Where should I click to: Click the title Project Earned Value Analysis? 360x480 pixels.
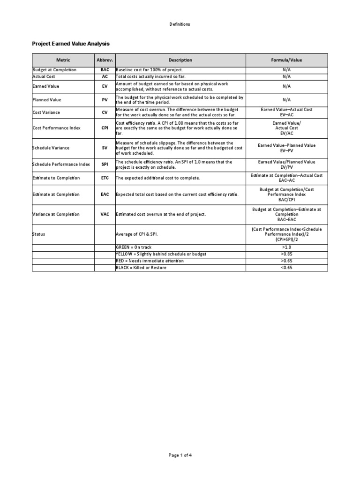(x=70, y=44)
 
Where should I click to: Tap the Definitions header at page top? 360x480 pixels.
(x=180, y=24)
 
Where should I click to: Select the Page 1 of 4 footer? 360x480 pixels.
(x=180, y=455)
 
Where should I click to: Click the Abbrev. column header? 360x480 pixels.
(x=105, y=60)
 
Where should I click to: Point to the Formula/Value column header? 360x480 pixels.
(x=286, y=60)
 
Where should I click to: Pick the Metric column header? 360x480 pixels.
(x=63, y=60)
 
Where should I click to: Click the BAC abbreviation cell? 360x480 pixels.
(x=105, y=70)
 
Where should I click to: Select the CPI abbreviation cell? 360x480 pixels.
(x=105, y=127)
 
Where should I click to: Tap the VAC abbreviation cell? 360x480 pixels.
(x=105, y=214)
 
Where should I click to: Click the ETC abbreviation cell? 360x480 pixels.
(x=105, y=178)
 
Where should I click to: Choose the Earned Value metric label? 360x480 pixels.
(x=46, y=86)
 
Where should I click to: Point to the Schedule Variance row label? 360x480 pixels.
(x=51, y=148)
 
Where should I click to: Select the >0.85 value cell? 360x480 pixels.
(x=286, y=254)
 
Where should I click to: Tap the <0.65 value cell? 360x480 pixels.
(x=286, y=268)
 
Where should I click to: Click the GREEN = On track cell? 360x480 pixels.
(x=134, y=247)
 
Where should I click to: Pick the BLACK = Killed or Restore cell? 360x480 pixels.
(x=141, y=268)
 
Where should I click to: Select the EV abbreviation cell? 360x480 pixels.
(x=105, y=86)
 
